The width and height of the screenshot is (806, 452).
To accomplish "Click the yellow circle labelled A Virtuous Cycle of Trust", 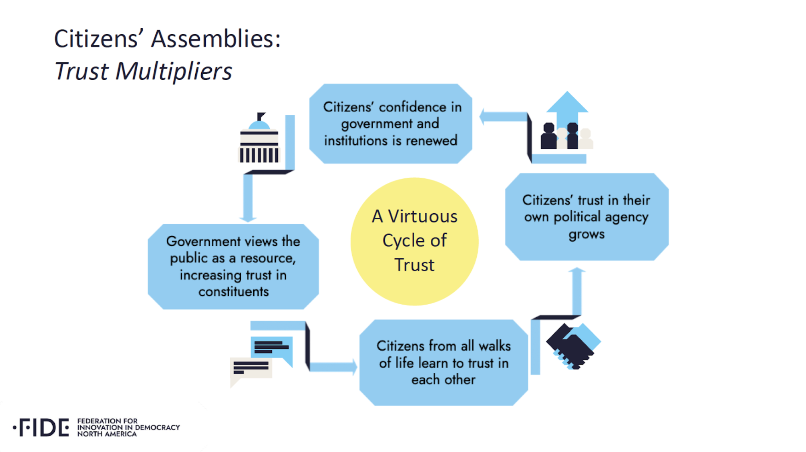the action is coord(414,241).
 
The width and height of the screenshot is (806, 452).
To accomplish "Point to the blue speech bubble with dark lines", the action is coord(272,348).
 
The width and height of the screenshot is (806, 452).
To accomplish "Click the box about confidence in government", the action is coord(391,124).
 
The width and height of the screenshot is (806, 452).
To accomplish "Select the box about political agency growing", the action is coord(587,217).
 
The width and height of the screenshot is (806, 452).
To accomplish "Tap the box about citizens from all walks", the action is coord(443,363).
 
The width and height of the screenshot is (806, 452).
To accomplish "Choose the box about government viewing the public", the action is coord(233,266).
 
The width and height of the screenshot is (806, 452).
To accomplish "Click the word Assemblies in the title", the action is coord(216,39).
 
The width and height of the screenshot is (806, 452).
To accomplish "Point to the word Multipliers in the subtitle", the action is coord(174,71).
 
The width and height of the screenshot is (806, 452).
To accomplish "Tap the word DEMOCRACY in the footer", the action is coord(157,427).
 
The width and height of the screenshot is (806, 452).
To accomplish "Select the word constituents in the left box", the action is coord(234,291).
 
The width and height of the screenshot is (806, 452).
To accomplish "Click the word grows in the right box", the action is coord(587,234).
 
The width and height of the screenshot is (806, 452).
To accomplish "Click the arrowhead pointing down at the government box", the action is coord(248,219).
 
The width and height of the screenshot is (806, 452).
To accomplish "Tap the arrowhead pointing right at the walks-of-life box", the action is coord(354,367).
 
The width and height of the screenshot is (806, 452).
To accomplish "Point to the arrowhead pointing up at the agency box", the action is coord(577,270).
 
